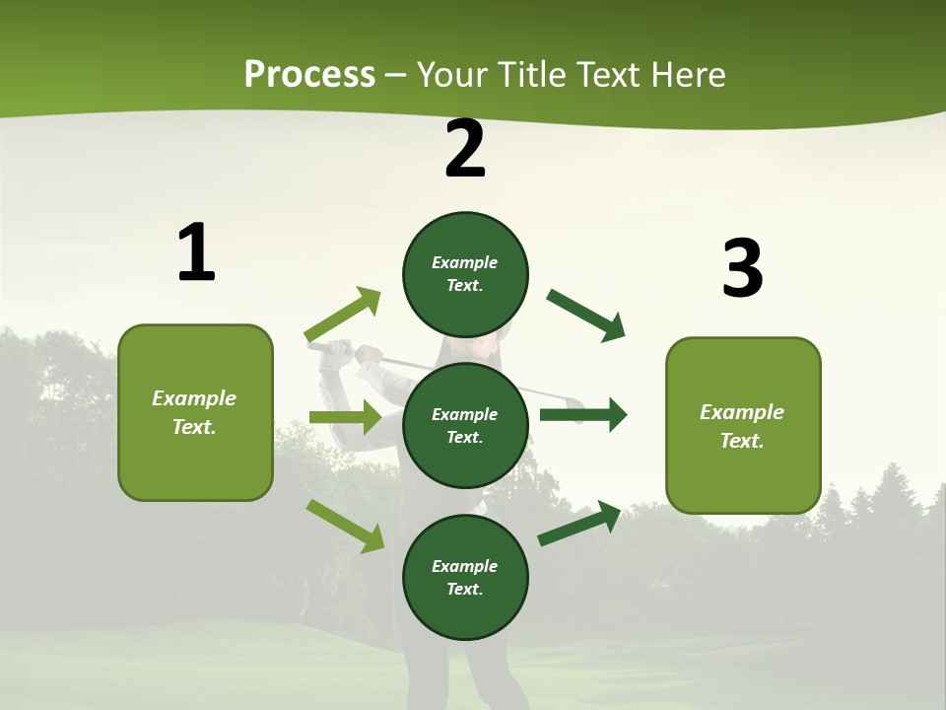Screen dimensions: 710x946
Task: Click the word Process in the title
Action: tap(309, 75)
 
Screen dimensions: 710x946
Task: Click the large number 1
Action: tap(196, 253)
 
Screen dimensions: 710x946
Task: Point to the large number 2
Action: tap(465, 150)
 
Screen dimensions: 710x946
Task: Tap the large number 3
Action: tap(742, 268)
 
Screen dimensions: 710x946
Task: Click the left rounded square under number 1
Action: tap(195, 412)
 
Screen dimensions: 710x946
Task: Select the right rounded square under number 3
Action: tap(743, 426)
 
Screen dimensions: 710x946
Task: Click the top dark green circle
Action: tap(465, 274)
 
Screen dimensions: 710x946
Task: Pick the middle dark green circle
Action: tap(465, 425)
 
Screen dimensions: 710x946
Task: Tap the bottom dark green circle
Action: tap(465, 577)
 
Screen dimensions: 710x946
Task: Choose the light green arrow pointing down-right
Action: tap(345, 526)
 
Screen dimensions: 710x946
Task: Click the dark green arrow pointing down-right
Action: tap(585, 316)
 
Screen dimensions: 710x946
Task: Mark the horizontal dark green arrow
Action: tap(582, 415)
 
